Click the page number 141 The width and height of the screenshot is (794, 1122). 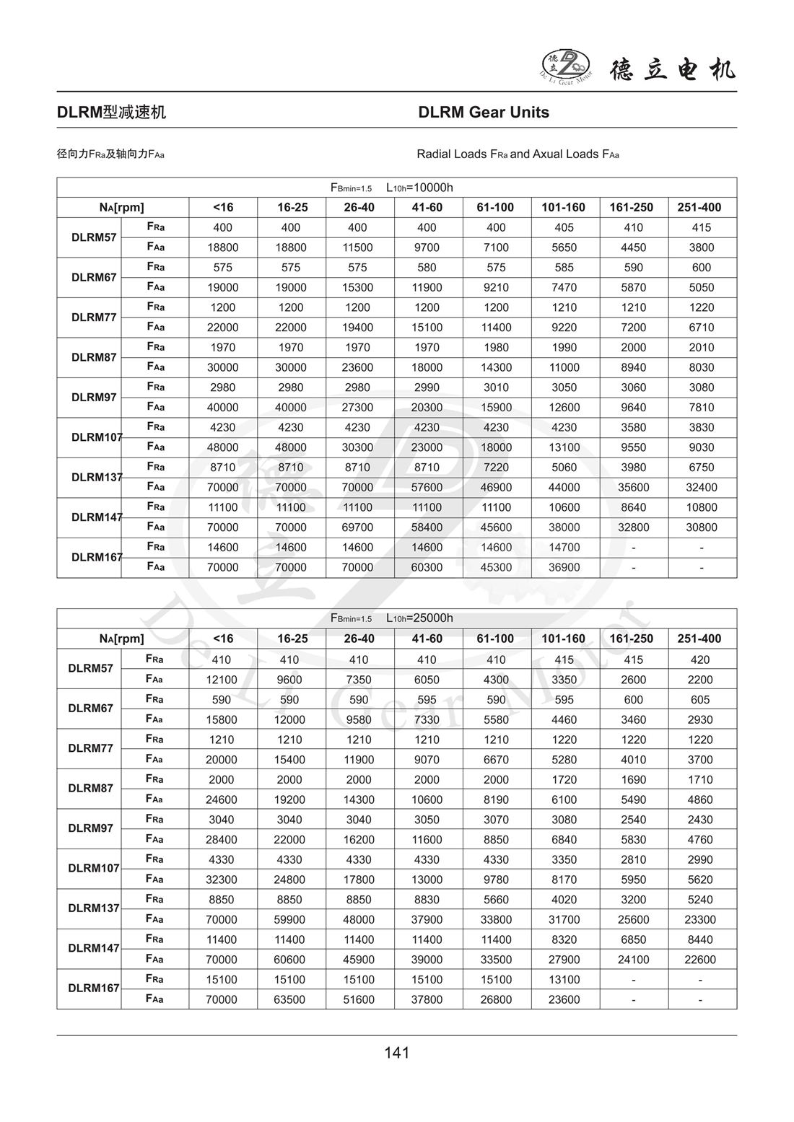click(397, 1053)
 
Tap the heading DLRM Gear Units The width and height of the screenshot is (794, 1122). click(484, 113)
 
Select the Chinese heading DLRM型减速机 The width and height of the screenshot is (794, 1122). click(111, 113)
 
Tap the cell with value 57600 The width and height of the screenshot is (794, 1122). click(427, 487)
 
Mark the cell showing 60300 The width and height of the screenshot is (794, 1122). click(427, 567)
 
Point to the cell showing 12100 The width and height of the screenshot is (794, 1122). click(222, 680)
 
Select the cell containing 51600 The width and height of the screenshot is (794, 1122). click(359, 999)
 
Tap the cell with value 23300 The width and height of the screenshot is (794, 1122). click(700, 919)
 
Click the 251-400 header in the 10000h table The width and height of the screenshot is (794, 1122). click(699, 208)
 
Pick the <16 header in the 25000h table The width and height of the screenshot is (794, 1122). click(223, 639)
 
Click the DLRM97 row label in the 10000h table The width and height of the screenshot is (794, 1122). click(94, 398)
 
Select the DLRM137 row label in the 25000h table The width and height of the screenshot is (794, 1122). click(94, 908)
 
